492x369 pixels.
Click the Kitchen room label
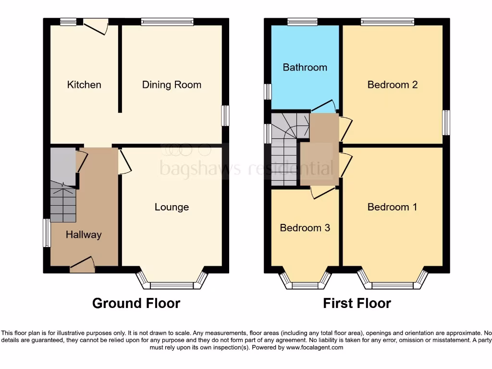84,85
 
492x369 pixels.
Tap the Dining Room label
172,85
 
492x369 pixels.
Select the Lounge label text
172,207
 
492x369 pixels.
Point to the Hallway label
84,235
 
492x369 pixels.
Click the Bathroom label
305,67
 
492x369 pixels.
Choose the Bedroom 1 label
392,207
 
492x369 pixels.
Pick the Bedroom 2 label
392,85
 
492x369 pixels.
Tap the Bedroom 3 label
305,228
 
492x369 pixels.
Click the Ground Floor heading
136,304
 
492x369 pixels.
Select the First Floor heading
357,304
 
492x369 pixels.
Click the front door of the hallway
82,264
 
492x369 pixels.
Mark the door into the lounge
123,161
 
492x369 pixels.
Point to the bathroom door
323,106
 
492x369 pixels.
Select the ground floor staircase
63,204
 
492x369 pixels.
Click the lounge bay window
172,283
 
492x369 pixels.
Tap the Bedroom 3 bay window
306,283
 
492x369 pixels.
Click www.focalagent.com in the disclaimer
315,347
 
